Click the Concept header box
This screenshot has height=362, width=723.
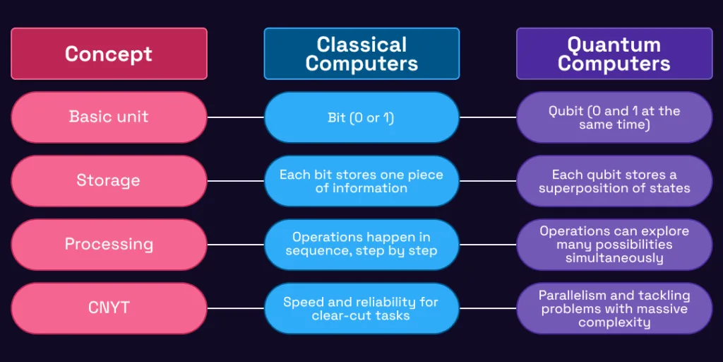[x=109, y=54]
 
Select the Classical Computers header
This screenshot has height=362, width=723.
[x=361, y=54]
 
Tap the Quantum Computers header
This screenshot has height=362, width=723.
[x=614, y=54]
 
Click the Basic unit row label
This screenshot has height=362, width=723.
[x=109, y=117]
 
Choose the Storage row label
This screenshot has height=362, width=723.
[x=109, y=181]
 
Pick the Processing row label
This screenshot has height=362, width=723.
[x=109, y=245]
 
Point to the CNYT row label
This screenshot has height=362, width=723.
[x=109, y=308]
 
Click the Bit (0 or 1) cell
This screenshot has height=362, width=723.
[x=361, y=117]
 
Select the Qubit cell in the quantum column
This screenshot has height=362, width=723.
[x=614, y=117]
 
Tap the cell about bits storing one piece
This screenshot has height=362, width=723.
[x=361, y=181]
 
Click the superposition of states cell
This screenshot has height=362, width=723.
[x=614, y=181]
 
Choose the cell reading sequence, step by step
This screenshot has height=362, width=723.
[x=361, y=245]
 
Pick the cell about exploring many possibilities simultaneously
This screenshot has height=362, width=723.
[x=614, y=245]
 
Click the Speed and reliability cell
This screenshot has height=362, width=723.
[x=361, y=308]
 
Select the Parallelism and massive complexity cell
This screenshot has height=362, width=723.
[x=614, y=308]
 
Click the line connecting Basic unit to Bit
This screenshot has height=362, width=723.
[x=236, y=117]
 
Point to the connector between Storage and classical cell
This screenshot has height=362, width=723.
[x=236, y=181]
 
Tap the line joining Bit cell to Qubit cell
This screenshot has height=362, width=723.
[x=488, y=117]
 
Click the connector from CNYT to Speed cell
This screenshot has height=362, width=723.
[x=236, y=308]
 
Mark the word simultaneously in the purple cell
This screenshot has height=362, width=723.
[x=614, y=257]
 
